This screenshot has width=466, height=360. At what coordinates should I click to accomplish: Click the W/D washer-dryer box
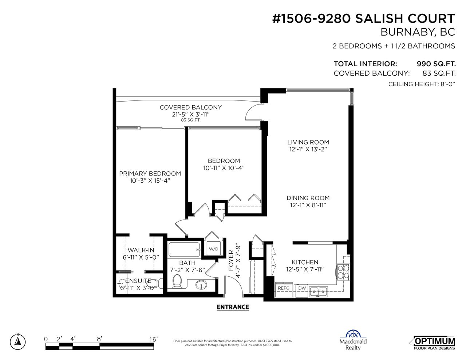pyautogui.click(x=214, y=249)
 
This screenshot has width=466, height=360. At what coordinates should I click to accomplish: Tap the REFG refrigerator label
pyautogui.click(x=284, y=288)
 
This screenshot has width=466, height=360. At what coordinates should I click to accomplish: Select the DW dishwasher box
pyautogui.click(x=302, y=290)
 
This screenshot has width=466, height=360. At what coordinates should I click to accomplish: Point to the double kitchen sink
pyautogui.click(x=318, y=292)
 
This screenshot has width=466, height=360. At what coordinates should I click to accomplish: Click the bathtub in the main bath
pyautogui.click(x=185, y=249)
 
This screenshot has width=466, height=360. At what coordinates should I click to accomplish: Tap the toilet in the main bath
pyautogui.click(x=177, y=281)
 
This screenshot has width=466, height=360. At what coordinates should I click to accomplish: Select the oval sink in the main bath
pyautogui.click(x=201, y=285)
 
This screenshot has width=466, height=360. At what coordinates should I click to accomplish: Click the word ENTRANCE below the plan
pyautogui.click(x=233, y=307)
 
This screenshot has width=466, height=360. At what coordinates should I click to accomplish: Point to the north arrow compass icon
pyautogui.click(x=18, y=341)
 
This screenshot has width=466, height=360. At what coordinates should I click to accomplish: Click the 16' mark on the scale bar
pyautogui.click(x=153, y=339)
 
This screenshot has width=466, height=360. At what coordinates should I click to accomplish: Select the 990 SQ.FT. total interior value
pyautogui.click(x=436, y=64)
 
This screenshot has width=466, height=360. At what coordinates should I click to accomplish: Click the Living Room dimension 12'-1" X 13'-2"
pyautogui.click(x=308, y=149)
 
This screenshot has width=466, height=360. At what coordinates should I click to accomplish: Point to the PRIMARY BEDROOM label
pyautogui.click(x=150, y=174)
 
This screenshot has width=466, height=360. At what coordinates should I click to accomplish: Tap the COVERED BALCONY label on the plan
pyautogui.click(x=191, y=107)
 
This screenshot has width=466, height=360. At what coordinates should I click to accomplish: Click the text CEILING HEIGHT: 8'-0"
pyautogui.click(x=422, y=84)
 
